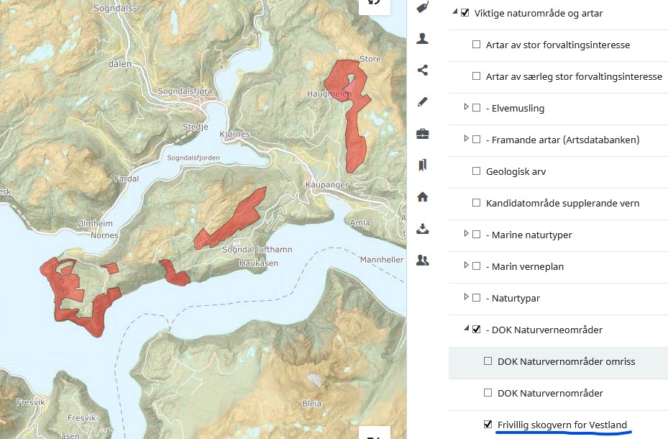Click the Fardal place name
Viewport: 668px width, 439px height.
(126, 177)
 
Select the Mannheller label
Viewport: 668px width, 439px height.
(381, 259)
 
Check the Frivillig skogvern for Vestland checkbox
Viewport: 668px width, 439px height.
(488, 425)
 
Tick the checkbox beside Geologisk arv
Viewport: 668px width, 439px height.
(476, 171)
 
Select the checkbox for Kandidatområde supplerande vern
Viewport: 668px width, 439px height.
(476, 203)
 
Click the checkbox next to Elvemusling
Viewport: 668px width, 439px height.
(476, 108)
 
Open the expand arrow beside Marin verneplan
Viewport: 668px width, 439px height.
(466, 266)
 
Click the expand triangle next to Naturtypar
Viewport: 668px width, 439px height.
(466, 297)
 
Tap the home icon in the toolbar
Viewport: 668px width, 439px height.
(423, 196)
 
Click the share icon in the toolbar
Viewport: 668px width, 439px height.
(423, 70)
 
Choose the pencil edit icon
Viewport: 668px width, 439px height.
(423, 101)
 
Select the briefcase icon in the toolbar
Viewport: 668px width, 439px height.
(423, 133)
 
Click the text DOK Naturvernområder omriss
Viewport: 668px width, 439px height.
(566, 361)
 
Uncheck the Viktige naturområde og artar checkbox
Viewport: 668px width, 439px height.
(465, 13)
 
